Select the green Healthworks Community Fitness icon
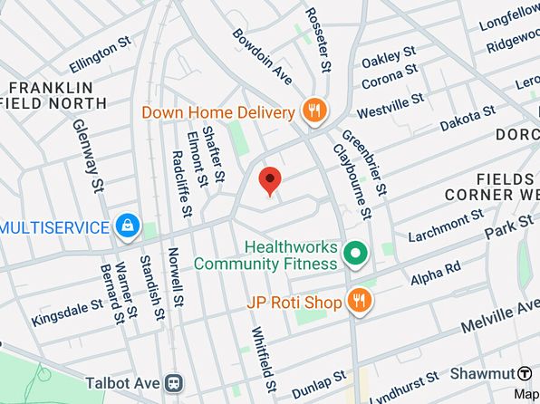tap(356, 255)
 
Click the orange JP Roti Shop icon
tap(360, 302)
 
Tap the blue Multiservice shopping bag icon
tap(127, 226)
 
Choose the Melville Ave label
tap(497, 321)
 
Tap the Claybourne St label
tap(352, 181)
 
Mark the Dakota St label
tap(468, 118)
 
